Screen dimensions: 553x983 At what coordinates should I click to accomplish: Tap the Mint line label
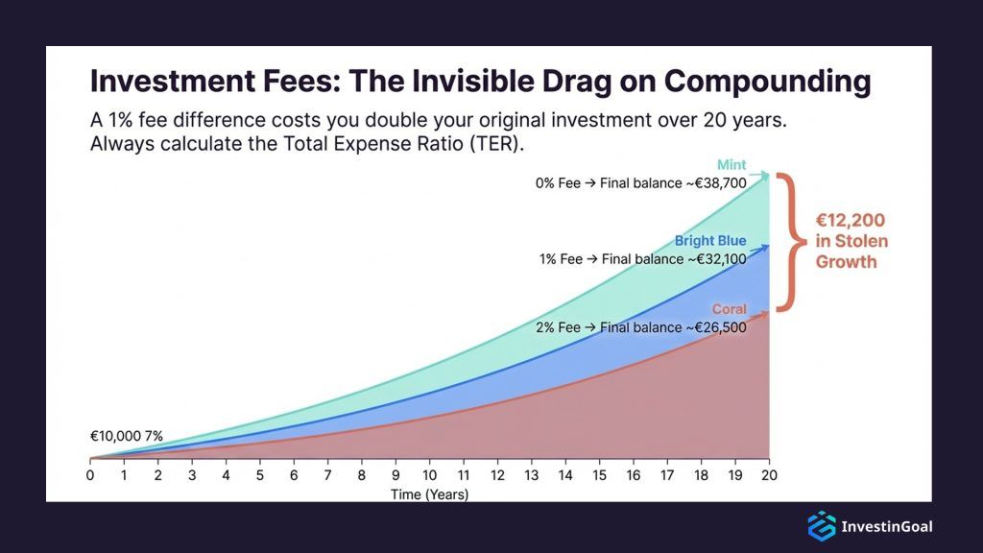pos(731,165)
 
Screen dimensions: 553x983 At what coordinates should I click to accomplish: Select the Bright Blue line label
pos(709,241)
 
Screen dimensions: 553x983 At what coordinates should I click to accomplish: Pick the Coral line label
pos(729,309)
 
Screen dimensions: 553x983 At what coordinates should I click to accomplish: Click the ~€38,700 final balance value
pos(708,182)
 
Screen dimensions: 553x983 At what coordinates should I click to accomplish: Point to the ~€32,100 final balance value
pos(708,257)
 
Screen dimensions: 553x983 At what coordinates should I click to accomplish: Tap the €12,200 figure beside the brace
pos(850,220)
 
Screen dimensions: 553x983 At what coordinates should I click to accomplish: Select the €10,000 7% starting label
pos(127,436)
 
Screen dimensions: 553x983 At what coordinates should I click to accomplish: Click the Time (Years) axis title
pos(429,494)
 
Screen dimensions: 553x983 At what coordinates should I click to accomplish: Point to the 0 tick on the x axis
pos(90,475)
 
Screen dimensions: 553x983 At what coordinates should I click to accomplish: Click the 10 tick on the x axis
pos(429,475)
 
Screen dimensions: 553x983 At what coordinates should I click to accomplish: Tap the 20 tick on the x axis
pos(769,475)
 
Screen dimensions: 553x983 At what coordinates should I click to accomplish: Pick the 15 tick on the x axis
pos(599,475)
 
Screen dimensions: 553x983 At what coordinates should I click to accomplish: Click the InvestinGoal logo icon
pos(821,525)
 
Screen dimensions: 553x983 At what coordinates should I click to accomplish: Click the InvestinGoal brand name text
pos(886,526)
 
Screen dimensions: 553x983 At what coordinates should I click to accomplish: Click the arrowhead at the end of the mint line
pos(765,175)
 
